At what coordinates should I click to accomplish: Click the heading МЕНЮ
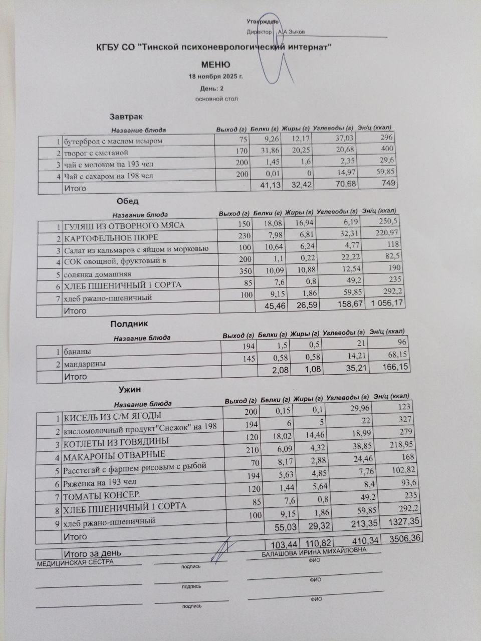click(x=215, y=65)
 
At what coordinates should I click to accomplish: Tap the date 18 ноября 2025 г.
click(x=215, y=77)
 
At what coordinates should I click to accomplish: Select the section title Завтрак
click(x=126, y=117)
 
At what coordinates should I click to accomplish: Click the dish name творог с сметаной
click(x=96, y=152)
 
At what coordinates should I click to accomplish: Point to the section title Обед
click(x=127, y=201)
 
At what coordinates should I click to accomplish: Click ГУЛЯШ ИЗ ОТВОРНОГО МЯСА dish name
click(x=124, y=225)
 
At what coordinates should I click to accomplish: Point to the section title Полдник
click(x=129, y=324)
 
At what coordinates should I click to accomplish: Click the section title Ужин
click(x=129, y=389)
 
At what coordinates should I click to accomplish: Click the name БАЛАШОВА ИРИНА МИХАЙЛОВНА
click(x=314, y=551)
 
